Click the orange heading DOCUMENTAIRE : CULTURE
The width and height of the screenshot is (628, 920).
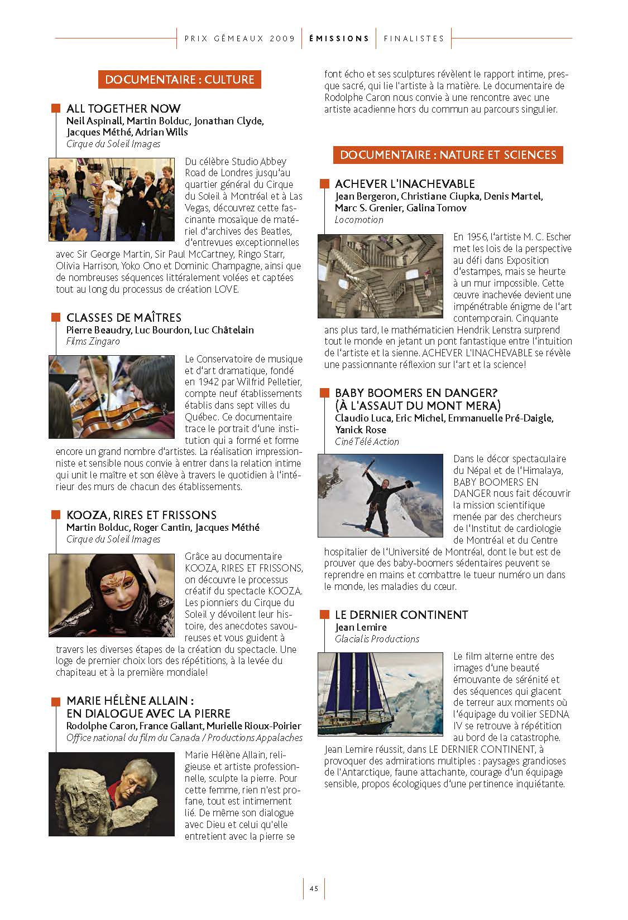pos(179,80)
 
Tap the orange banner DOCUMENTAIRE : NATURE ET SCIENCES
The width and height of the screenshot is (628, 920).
pos(448,154)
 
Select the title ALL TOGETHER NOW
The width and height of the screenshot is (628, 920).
pos(123,108)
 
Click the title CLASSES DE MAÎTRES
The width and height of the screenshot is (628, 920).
pos(123,317)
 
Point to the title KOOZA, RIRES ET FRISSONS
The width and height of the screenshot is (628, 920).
pos(141,515)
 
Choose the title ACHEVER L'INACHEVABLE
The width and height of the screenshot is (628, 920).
pos(405,183)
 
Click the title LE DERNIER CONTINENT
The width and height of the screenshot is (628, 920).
pos(401,614)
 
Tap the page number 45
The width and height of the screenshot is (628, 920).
pos(314,889)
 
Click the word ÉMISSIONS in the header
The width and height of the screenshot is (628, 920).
pos(339,38)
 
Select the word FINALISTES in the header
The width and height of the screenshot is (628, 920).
pos(414,38)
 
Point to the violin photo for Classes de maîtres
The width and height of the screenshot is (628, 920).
pos(112,396)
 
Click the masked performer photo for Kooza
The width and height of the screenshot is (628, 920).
pos(112,595)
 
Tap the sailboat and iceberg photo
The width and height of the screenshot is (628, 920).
pos(380,694)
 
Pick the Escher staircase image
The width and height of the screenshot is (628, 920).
pos(380,276)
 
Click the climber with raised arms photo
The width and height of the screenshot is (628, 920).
pos(380,496)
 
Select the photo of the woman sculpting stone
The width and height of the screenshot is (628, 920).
pos(112,794)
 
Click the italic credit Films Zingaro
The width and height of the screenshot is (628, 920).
pos(93,341)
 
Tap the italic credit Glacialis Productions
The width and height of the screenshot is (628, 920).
pos(377,639)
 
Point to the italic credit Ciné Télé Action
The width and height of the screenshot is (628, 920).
pos(367,442)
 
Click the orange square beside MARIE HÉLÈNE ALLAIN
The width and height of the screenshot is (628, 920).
pos(55,701)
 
